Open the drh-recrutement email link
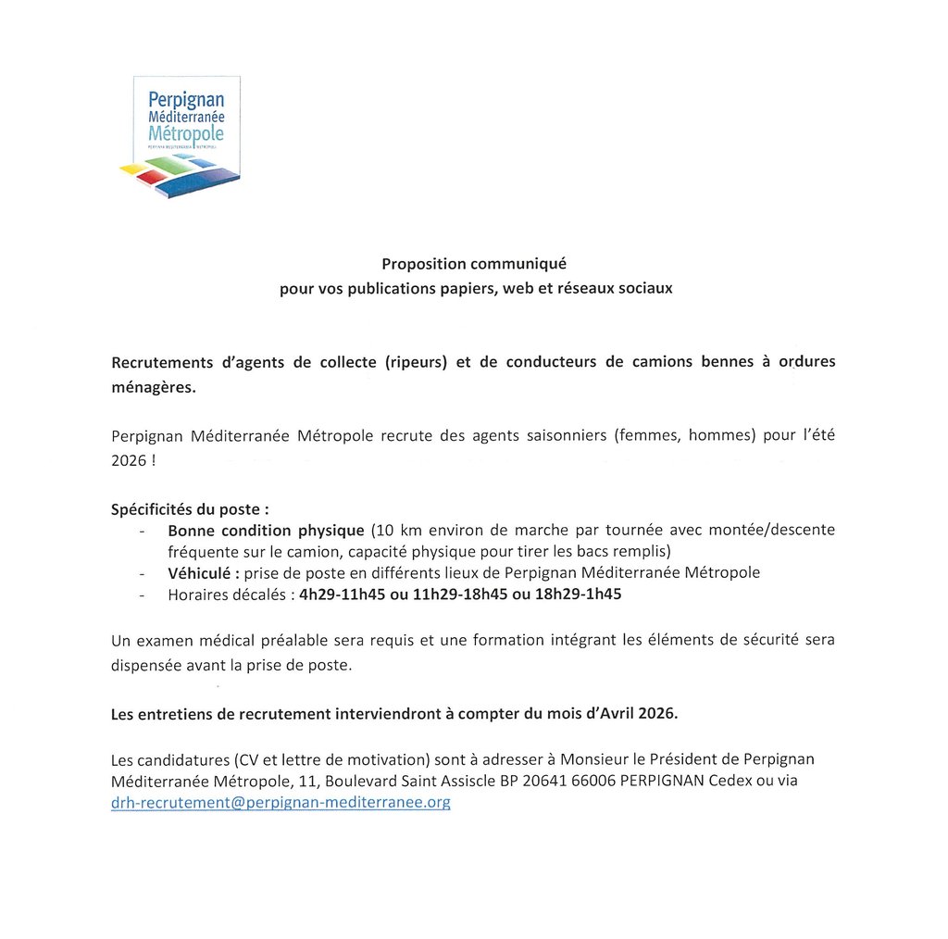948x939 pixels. click(x=281, y=803)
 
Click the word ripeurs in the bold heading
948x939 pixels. click(x=416, y=361)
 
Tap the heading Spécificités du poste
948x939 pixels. click(x=190, y=508)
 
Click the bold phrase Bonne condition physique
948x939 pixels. click(x=266, y=531)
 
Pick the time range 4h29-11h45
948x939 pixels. click(x=340, y=595)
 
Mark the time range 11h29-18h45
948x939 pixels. click(x=452, y=595)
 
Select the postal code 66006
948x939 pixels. click(x=586, y=781)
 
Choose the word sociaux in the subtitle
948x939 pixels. click(x=647, y=288)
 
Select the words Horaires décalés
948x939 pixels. click(x=227, y=595)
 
